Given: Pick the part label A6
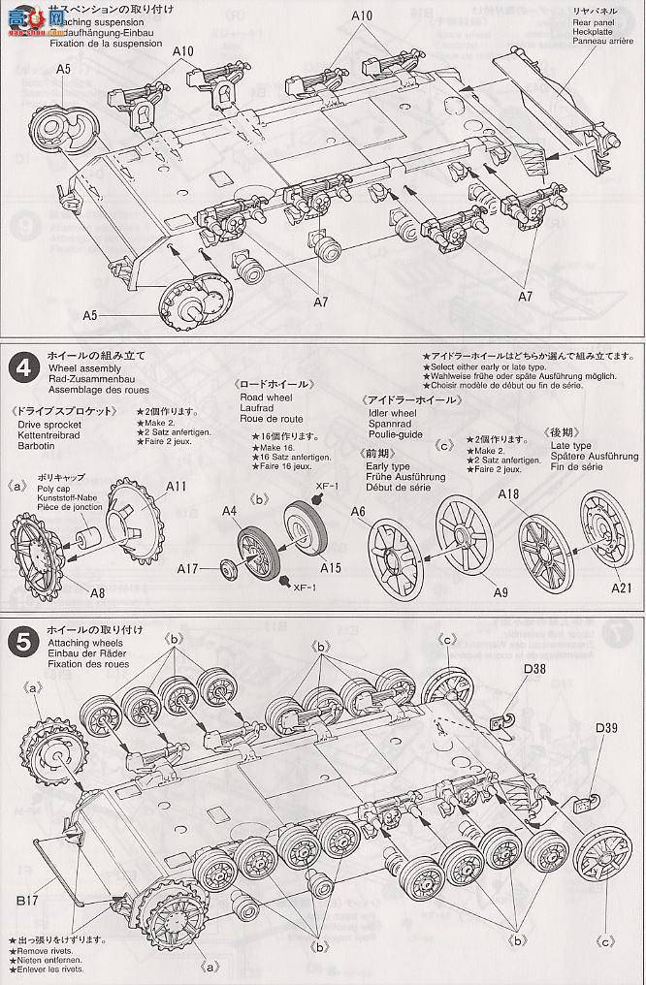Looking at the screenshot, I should click(359, 511).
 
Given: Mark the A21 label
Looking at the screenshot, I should click(624, 588).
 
